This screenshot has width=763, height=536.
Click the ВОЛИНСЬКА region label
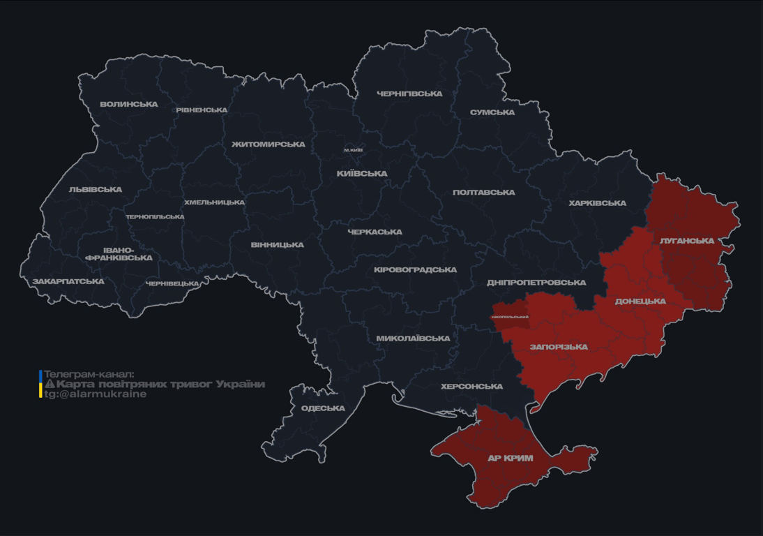[129, 105]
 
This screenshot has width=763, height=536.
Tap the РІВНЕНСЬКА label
[202, 110]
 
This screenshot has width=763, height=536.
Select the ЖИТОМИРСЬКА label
[269, 144]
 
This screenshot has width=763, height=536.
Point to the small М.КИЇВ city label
[354, 150]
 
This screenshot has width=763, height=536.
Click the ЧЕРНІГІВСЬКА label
[409, 94]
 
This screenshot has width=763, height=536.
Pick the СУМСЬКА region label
[492, 112]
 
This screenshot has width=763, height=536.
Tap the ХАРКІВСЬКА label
[597, 203]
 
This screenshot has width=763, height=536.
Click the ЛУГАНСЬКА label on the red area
[687, 241]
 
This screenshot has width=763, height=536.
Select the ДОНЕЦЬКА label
[640, 301]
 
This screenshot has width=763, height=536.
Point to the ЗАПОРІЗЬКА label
[559, 347]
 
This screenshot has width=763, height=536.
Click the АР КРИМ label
[510, 459]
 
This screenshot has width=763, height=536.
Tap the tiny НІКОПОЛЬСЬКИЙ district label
[510, 317]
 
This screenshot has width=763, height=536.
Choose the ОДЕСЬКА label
[323, 408]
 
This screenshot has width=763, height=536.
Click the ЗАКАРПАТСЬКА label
[68, 282]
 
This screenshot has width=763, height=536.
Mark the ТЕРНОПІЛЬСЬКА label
[155, 217]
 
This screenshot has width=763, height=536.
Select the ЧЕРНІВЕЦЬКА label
[172, 284]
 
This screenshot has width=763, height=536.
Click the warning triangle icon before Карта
[50, 384]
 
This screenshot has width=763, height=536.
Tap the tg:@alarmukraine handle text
[96, 394]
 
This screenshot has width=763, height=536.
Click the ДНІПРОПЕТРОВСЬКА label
[536, 283]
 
